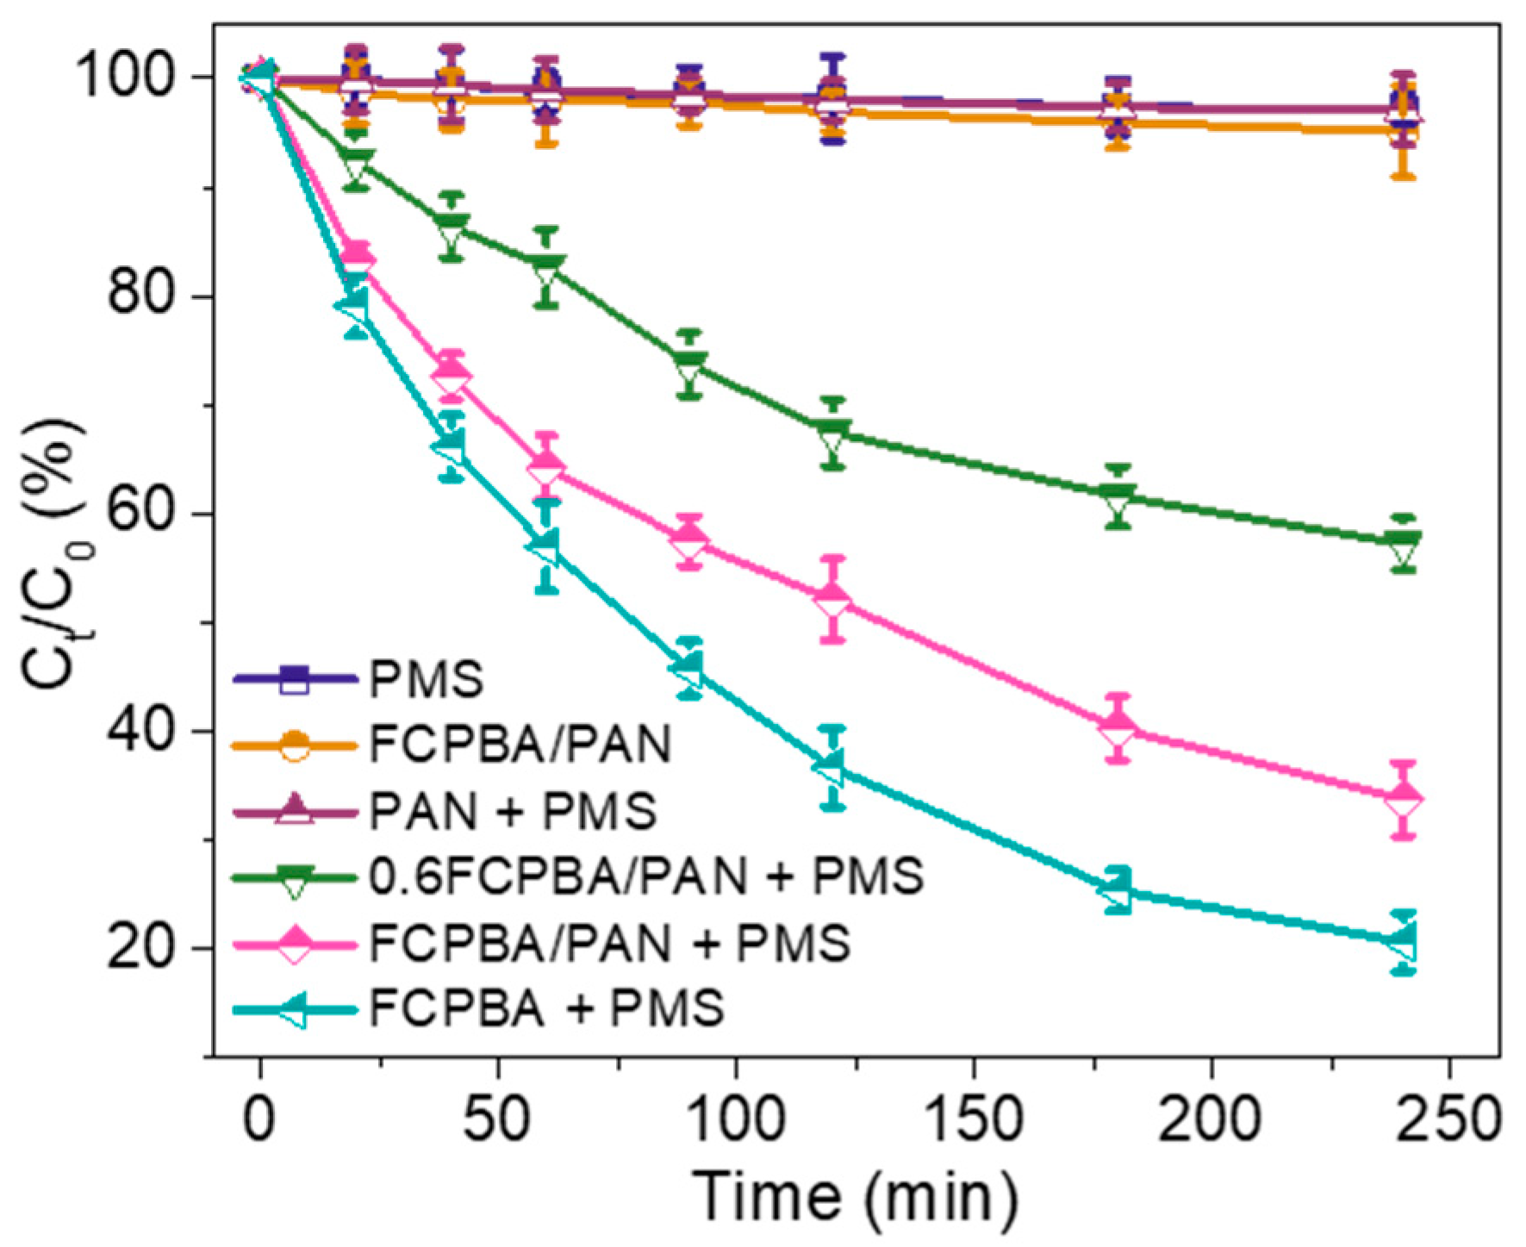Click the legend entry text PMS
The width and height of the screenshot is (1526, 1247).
pyautogui.click(x=426, y=679)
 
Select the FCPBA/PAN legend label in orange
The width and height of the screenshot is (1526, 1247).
pyautogui.click(x=520, y=745)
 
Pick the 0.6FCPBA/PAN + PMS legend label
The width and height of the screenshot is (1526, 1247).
pyautogui.click(x=646, y=876)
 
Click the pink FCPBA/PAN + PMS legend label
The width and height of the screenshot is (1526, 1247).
pyautogui.click(x=610, y=943)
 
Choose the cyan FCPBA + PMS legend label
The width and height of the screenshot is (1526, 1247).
pyautogui.click(x=546, y=1008)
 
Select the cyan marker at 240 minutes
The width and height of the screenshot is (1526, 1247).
pyautogui.click(x=1403, y=941)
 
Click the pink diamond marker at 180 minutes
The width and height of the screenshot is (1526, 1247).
pyautogui.click(x=1118, y=727)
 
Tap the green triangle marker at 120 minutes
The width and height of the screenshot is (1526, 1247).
pyautogui.click(x=832, y=434)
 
